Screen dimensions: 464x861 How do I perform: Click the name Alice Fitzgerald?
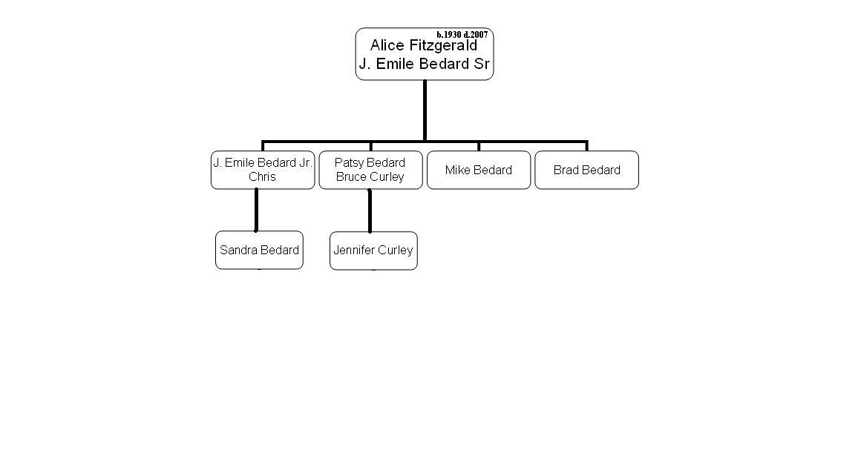pos(423,46)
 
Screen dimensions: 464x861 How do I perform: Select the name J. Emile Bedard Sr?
pos(424,64)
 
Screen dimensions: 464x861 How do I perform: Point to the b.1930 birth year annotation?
pos(449,34)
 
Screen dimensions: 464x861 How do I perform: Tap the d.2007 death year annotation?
pos(476,34)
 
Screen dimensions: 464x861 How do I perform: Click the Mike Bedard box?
pos(479,170)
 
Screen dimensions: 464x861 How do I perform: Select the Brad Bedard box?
pos(586,170)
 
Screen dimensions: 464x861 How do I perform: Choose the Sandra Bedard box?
pos(259,251)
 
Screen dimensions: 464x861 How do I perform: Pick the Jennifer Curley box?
pos(373,251)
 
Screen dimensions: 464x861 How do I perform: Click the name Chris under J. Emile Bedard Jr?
pos(262,177)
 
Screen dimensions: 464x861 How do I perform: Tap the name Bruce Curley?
pos(370,177)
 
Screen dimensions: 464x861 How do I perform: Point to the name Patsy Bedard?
pos(370,163)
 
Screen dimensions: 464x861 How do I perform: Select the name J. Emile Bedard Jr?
pos(263,163)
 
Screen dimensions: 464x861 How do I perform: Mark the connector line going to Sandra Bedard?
pos(256,210)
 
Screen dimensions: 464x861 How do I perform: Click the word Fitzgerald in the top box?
pos(443,46)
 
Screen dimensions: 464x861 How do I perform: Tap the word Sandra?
pos(238,251)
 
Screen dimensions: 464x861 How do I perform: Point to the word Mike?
pos(457,170)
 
